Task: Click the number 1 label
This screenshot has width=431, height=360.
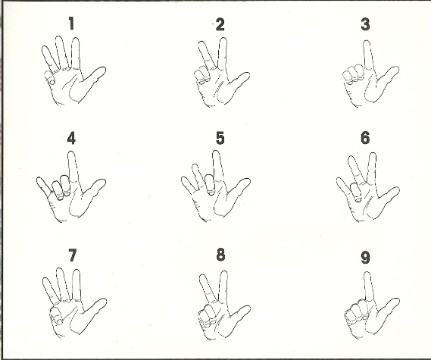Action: coord(71,23)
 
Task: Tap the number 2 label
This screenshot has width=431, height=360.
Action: coord(220,24)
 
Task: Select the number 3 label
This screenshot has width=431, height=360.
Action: coord(365,24)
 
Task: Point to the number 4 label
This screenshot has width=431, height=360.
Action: coord(71,138)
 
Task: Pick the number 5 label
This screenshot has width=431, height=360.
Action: coord(220,138)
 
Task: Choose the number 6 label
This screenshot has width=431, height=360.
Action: coord(365,138)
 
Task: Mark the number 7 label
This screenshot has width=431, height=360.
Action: coord(72,255)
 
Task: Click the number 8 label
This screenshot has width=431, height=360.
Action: coord(220,255)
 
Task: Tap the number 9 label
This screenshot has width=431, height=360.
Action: coord(365,258)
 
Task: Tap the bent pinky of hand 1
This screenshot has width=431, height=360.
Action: coord(49,77)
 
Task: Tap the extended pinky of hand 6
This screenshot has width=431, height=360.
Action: coord(344,186)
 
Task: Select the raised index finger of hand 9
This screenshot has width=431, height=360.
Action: coord(369,286)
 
